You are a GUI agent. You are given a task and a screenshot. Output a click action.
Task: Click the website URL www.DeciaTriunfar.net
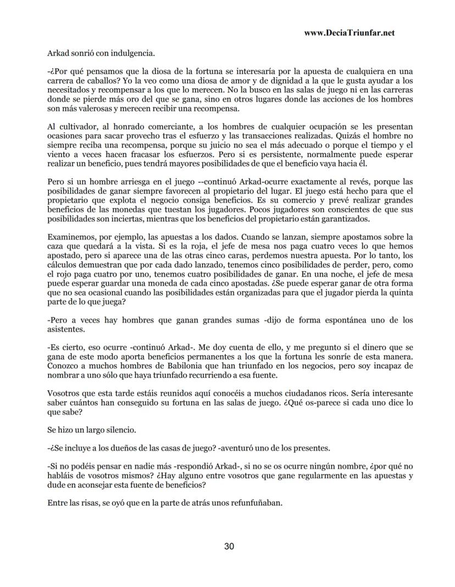(349, 33)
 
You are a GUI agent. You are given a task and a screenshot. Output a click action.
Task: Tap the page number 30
(230, 546)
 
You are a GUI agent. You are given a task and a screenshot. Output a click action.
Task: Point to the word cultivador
(77, 127)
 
